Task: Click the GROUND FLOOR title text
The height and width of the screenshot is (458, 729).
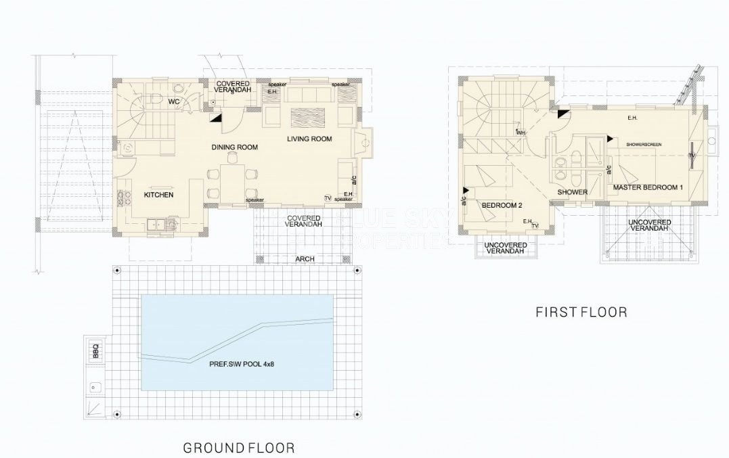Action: (x=239, y=447)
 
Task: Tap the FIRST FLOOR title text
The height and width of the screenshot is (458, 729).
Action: (x=581, y=312)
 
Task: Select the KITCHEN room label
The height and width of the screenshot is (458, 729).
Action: (x=158, y=195)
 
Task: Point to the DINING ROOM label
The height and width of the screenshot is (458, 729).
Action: (x=234, y=147)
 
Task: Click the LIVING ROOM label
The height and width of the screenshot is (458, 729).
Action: (x=309, y=139)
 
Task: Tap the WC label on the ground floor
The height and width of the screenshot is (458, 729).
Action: (x=173, y=102)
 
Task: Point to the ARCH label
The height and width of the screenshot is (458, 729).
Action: (x=304, y=258)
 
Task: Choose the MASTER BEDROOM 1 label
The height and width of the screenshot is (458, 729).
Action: (x=648, y=187)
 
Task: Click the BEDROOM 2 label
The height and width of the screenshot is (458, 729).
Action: (x=501, y=204)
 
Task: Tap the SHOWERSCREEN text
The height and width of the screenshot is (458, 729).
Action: (x=643, y=145)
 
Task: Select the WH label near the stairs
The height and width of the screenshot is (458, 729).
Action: (x=520, y=133)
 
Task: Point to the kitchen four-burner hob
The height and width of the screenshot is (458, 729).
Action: (x=124, y=198)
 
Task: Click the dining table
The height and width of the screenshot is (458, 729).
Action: (x=234, y=179)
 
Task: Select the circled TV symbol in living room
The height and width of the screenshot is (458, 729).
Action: (x=328, y=198)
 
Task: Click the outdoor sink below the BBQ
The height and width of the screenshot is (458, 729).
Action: (x=94, y=388)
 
